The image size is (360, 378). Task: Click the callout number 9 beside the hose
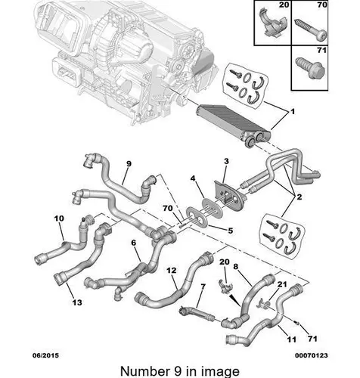point(129,164)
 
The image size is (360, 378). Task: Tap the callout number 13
point(77,302)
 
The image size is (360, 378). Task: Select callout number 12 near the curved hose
point(172,271)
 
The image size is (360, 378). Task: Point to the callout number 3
point(226,161)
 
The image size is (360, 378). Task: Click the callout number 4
point(193,178)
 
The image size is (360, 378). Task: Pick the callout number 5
point(231,231)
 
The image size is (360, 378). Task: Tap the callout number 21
point(282,284)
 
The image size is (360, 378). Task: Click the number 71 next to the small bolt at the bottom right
point(312,339)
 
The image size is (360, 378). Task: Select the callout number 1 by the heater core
point(293,111)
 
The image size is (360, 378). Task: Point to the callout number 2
point(299,197)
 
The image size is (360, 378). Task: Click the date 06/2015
point(46,355)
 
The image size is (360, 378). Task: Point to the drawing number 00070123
point(312,355)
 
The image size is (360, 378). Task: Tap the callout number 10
point(59,218)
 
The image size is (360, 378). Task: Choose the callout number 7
point(203,287)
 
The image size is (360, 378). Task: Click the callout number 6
point(133,243)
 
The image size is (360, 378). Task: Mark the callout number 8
point(236,267)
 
